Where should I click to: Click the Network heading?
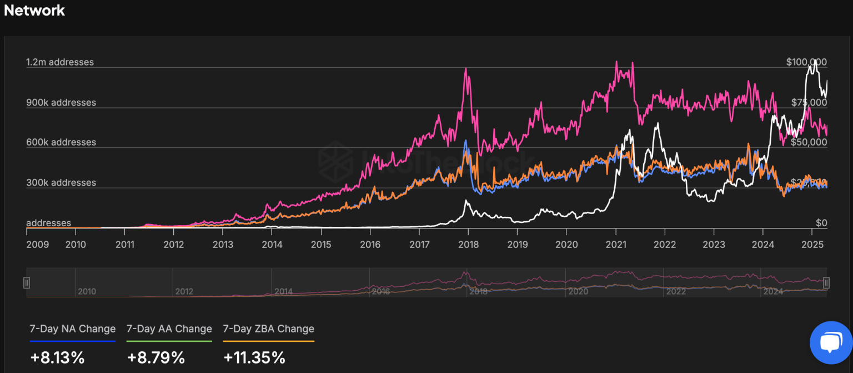34,10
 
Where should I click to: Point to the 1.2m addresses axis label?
60,62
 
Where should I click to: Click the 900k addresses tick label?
61,103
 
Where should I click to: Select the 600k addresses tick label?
61,142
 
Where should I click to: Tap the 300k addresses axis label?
61,183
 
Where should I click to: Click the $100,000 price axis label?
806,62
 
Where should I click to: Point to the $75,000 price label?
809,103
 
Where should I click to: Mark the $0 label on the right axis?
821,223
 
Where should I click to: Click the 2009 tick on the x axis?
38,245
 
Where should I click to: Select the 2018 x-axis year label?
468,245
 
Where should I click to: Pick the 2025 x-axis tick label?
811,245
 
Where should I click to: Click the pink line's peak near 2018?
465,68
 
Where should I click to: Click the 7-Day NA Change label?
73,329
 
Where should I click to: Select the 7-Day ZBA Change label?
269,329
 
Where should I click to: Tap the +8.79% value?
156,357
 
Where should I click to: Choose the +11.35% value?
254,357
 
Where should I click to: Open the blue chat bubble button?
830,342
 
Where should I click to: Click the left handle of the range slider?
27,283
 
